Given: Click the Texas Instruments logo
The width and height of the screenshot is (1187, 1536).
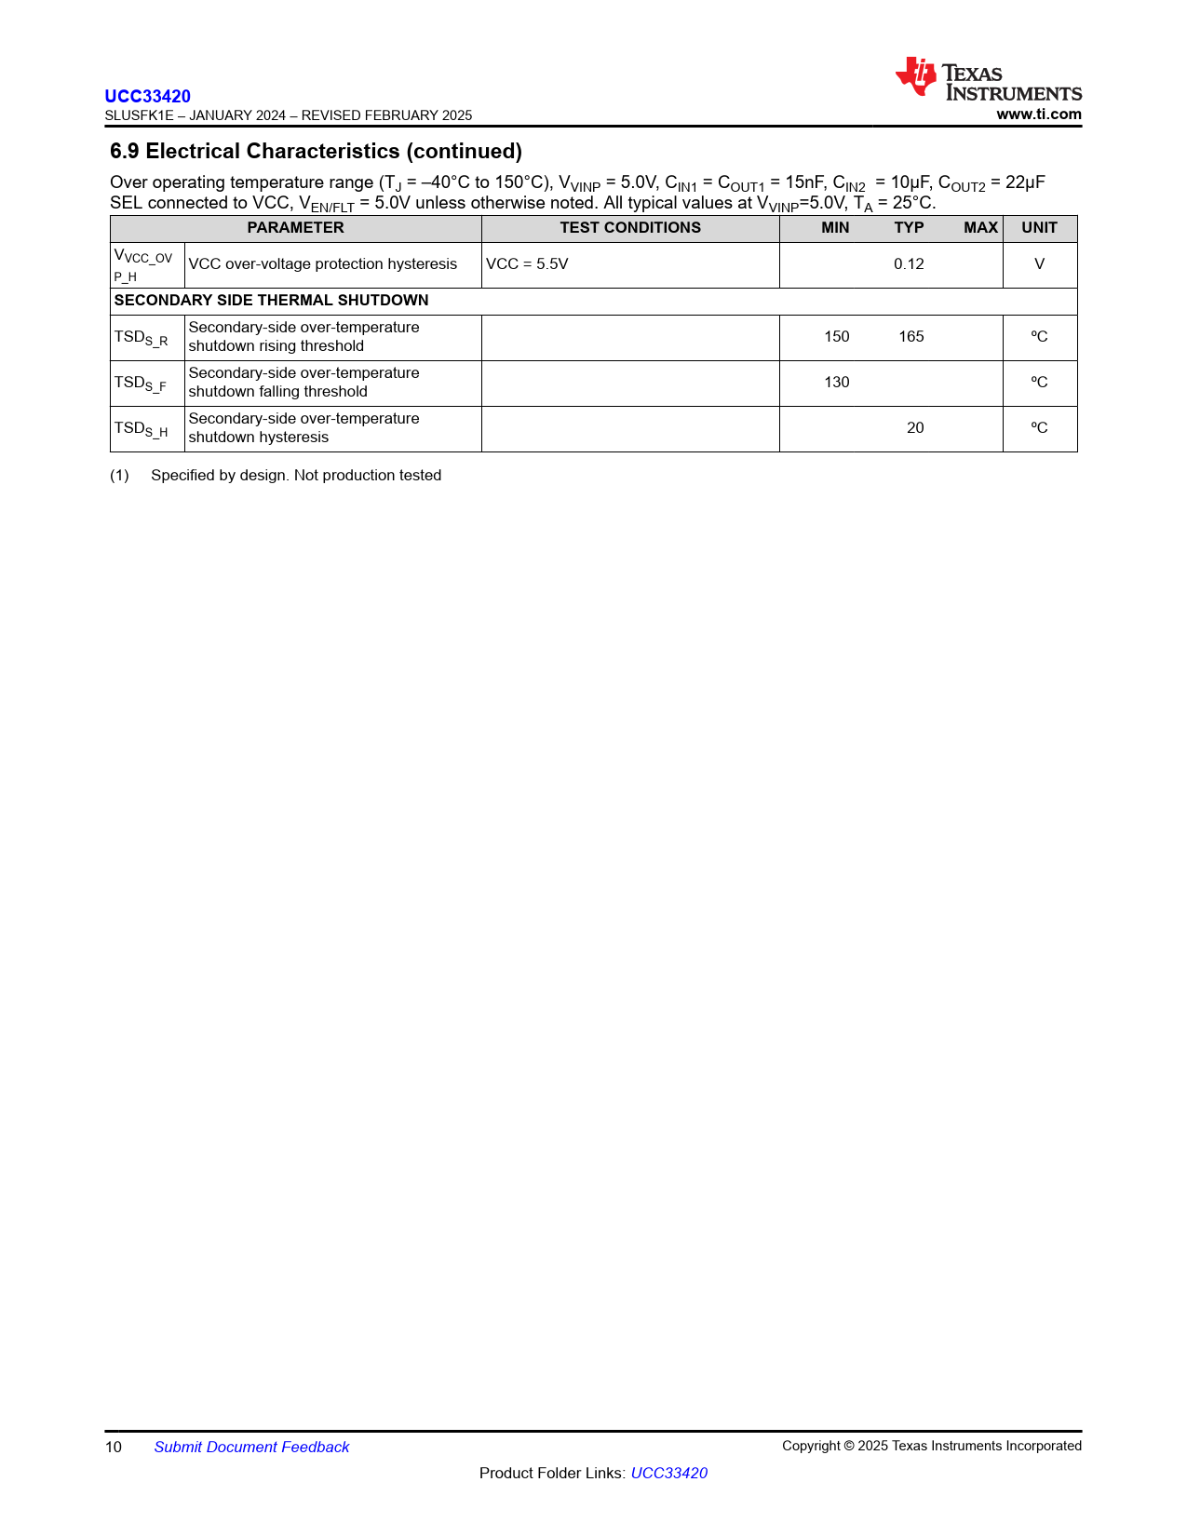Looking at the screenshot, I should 988,80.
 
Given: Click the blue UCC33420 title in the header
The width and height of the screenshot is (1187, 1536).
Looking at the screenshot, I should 147,96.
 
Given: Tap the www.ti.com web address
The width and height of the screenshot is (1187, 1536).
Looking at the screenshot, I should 1039,115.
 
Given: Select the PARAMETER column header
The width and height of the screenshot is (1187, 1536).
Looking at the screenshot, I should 295,228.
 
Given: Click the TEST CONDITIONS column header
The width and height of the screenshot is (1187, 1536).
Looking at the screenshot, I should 630,228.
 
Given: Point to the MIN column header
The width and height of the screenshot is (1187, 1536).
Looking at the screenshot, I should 835,228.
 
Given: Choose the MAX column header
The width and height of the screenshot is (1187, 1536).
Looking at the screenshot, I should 980,228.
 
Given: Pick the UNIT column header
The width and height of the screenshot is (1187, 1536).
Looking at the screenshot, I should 1039,228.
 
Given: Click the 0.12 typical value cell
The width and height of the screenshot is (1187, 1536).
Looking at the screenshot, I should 909,264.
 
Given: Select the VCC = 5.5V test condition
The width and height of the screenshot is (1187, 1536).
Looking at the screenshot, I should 527,264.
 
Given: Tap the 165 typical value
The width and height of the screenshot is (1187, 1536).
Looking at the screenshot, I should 911,337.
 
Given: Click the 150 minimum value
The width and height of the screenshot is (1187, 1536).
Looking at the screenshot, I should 837,337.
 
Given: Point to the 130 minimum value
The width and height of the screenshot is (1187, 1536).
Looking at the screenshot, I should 837,383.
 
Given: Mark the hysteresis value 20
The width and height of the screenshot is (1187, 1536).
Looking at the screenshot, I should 915,428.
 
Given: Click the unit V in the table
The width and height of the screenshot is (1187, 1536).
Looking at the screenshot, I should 1039,264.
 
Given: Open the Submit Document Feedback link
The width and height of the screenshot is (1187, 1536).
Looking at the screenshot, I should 251,1447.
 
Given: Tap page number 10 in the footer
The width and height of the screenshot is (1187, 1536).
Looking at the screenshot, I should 114,1447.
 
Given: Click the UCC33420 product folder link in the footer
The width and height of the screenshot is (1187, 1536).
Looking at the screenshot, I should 668,1473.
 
